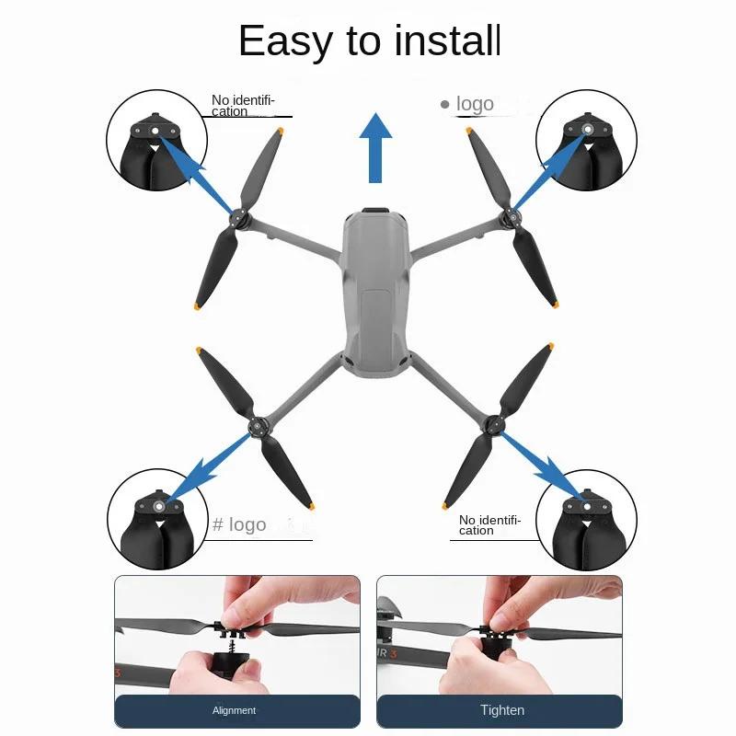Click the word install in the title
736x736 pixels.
point(447,40)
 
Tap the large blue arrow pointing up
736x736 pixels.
point(375,148)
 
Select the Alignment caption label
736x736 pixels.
point(234,710)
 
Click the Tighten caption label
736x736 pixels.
point(501,709)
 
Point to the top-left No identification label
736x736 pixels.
point(243,106)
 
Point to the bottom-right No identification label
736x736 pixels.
point(490,525)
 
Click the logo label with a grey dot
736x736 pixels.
point(467,104)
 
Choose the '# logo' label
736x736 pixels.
point(239,524)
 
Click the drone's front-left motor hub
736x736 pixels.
point(239,218)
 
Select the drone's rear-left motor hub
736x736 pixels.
point(258,427)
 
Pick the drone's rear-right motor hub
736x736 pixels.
point(494,425)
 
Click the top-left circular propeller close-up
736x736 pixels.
point(156,140)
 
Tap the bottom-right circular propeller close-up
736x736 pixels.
point(586,520)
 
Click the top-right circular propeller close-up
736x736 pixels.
point(586,140)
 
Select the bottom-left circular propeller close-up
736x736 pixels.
point(157,519)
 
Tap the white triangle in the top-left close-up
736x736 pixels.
point(155,149)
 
